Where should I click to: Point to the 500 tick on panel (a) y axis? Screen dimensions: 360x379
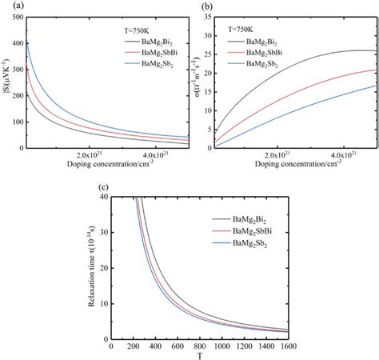tap(22, 14)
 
